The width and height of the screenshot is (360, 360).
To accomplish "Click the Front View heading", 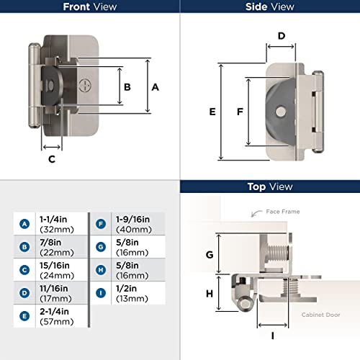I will click(x=89, y=7).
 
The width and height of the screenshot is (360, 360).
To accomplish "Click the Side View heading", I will click(x=270, y=7).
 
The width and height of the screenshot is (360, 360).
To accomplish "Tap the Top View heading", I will click(x=270, y=186).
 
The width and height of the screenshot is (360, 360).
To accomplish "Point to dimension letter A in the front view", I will click(x=155, y=86).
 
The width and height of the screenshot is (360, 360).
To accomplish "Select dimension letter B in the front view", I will click(x=127, y=86).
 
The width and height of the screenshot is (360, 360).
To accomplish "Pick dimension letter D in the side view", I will click(x=282, y=35).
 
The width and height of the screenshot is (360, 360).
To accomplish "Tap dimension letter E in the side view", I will click(x=212, y=112).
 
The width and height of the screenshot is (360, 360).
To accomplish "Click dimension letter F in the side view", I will click(x=239, y=112).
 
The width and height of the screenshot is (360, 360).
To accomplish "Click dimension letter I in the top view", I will click(x=272, y=336).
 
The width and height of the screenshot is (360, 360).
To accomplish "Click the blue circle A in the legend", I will click(x=25, y=223).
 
